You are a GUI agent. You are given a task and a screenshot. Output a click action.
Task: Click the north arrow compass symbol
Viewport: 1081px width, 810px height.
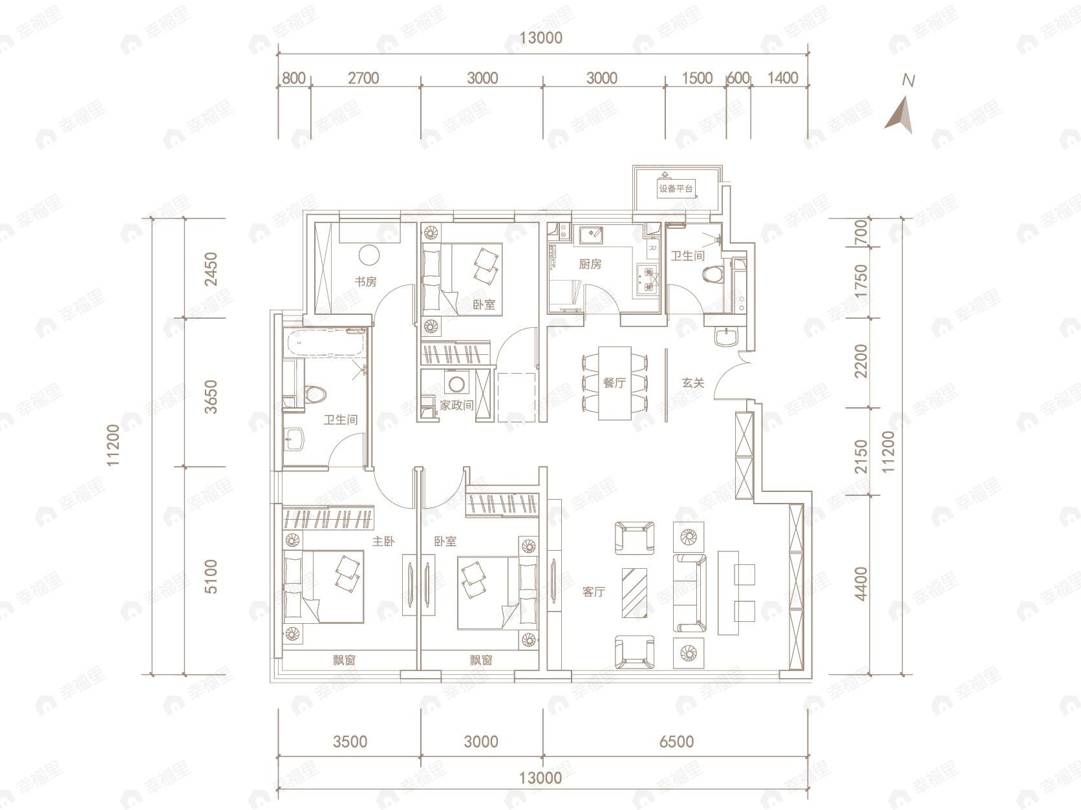[901, 115]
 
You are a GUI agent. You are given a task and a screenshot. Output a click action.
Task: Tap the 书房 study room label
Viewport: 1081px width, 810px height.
[365, 282]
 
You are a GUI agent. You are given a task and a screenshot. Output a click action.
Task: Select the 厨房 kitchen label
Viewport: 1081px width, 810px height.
[590, 264]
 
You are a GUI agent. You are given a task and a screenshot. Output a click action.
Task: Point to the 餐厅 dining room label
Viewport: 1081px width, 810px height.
[614, 383]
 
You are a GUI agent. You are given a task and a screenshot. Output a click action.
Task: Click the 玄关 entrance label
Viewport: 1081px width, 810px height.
[693, 383]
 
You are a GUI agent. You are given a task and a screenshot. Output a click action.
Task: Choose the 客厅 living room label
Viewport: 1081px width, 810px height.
[594, 592]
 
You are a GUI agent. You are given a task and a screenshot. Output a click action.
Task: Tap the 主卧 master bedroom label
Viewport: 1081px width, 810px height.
[383, 541]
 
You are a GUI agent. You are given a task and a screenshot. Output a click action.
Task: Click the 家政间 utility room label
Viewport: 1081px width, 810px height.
[456, 405]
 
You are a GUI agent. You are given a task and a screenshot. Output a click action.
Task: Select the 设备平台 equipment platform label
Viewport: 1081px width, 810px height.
[676, 189]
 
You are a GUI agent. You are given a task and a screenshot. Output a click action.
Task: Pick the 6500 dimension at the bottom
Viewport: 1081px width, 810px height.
[676, 741]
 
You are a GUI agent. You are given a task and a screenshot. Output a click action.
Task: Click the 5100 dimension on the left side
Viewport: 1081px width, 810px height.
[210, 577]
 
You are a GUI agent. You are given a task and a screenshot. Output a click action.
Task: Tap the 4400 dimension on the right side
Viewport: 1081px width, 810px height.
[861, 584]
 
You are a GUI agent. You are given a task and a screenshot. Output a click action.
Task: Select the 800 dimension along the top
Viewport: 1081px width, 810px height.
[294, 78]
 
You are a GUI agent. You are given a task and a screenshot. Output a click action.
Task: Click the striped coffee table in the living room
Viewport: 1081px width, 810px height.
[634, 593]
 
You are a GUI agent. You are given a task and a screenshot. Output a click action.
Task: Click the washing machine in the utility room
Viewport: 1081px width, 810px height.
[456, 384]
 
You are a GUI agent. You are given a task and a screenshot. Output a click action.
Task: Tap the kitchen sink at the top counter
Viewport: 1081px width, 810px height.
[590, 235]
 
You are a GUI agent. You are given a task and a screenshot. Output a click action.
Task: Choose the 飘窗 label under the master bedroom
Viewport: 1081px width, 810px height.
[344, 660]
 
